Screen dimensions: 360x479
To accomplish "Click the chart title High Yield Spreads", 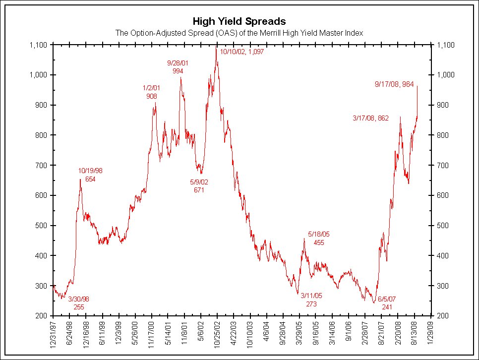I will [x=239, y=21].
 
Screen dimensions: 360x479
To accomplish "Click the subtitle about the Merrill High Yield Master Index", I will [x=239, y=33].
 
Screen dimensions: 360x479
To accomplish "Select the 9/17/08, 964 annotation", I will [x=394, y=84].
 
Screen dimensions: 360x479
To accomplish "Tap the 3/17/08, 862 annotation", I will [x=370, y=118].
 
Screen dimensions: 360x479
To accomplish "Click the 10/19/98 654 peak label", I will [x=90, y=175].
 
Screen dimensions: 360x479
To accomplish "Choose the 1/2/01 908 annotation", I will [x=152, y=92].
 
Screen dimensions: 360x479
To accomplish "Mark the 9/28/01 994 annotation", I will [x=178, y=67].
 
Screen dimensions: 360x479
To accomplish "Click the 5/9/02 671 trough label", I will [x=199, y=186].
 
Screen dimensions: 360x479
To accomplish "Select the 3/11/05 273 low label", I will [x=311, y=300].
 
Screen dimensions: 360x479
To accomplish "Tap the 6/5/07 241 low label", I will [x=387, y=303].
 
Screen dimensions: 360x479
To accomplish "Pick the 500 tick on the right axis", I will [x=440, y=226].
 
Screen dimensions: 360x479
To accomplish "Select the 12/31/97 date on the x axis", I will [x=53, y=335].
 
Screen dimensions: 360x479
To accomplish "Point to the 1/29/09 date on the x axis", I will [x=431, y=334].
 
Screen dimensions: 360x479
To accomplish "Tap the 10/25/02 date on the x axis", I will [x=217, y=335].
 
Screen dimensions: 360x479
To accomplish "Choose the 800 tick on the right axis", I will [x=440, y=135].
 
